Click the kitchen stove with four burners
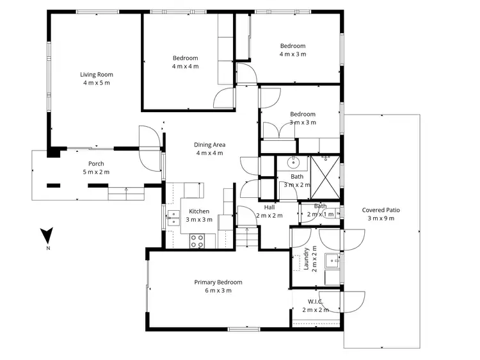click(x=198, y=241)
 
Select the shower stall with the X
click(x=325, y=171)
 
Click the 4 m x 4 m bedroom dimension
click(x=185, y=66)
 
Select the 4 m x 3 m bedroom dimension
click(x=292, y=54)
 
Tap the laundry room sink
click(x=332, y=260)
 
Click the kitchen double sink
click(x=173, y=218)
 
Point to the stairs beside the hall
click(x=246, y=237)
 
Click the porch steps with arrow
click(x=125, y=192)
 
